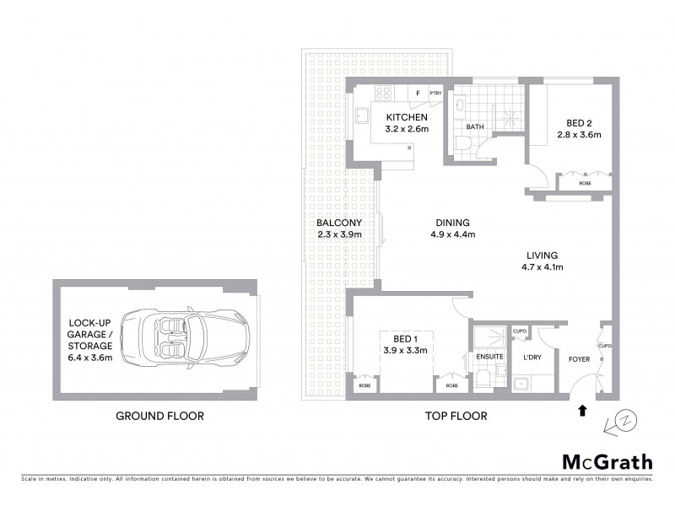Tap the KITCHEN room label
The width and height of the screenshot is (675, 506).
408,117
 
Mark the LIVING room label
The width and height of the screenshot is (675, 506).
542,256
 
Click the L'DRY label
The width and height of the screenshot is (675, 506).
532,357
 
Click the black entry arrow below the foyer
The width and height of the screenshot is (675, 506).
581,412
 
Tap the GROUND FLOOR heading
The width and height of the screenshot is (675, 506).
159,416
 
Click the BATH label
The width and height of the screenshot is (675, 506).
475,128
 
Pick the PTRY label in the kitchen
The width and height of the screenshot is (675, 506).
436,94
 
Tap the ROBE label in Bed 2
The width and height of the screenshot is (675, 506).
585,183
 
